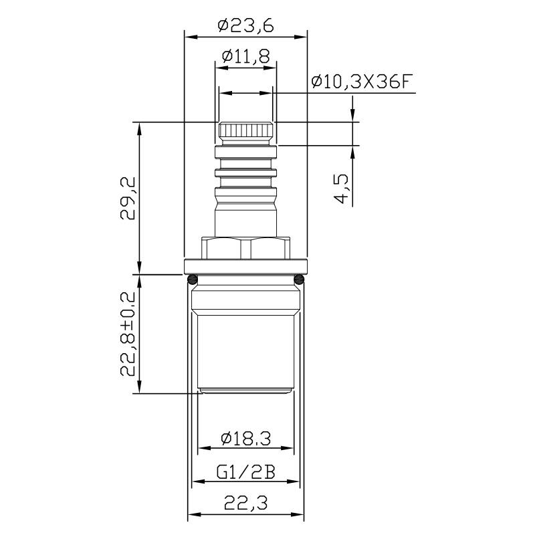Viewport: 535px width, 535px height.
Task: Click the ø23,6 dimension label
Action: click(245, 26)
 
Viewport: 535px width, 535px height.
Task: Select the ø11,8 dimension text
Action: click(245, 57)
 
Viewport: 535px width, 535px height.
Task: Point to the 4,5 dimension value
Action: click(340, 189)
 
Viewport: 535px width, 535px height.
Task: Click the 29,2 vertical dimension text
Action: click(128, 198)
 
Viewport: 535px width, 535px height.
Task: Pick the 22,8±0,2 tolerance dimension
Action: click(128, 334)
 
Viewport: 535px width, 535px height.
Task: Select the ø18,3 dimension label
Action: click(245, 439)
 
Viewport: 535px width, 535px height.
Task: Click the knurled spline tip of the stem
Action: click(245, 131)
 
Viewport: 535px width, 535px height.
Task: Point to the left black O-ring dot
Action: click(192, 278)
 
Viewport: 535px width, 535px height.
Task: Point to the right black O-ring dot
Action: click(298, 278)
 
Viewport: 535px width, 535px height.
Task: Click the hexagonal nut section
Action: click(245, 249)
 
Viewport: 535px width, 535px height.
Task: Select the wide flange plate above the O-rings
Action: click(245, 267)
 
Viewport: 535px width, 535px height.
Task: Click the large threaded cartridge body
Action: click(245, 348)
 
